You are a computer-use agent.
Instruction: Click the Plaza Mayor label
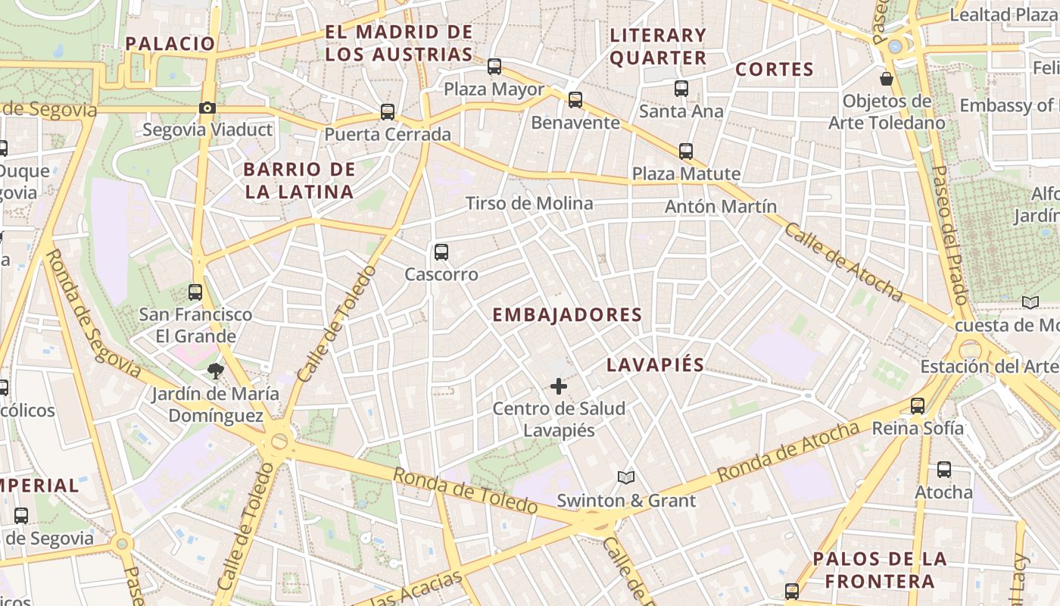tap(494, 89)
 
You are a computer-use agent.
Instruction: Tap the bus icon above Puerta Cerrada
tap(388, 112)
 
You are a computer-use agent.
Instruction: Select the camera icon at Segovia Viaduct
tap(207, 108)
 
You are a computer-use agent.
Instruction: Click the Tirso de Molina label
tap(529, 203)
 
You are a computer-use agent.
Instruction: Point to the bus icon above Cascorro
tap(441, 252)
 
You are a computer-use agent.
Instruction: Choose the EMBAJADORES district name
tap(567, 315)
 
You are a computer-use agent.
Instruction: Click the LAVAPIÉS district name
tap(655, 365)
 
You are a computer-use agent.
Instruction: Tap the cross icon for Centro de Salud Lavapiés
tap(559, 386)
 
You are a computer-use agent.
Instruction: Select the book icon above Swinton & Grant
tap(625, 477)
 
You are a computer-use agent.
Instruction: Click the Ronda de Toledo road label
tap(465, 491)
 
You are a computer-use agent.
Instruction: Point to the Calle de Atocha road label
tap(843, 262)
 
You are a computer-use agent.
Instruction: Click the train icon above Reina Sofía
tap(918, 406)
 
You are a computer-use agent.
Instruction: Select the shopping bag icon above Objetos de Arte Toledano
tap(887, 78)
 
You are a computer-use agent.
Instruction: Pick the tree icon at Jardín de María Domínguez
tap(216, 371)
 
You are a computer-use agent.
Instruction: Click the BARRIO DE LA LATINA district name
tap(299, 180)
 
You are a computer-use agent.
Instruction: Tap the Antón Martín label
tap(721, 206)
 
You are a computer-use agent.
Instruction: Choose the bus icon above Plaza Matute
tap(686, 151)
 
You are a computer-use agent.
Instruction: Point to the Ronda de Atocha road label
tap(788, 452)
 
